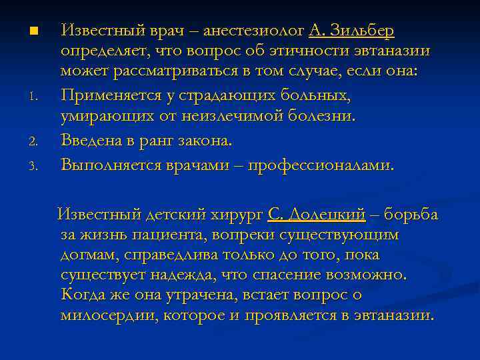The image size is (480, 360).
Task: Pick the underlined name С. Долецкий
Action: (x=317, y=215)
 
